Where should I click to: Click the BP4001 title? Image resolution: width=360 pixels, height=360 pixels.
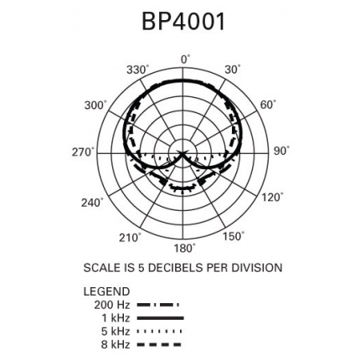click(x=183, y=22)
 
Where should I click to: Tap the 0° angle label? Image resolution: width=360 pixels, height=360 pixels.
click(x=185, y=59)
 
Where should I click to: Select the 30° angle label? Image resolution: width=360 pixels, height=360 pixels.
click(x=233, y=69)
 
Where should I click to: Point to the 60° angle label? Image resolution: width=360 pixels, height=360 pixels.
click(x=268, y=105)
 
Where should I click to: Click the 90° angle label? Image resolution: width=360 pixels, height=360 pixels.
click(x=281, y=151)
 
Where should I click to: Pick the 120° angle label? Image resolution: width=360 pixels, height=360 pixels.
click(x=270, y=197)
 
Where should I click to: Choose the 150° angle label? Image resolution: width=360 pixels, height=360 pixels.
click(x=234, y=236)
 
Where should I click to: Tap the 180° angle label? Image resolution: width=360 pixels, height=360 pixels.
click(x=184, y=248)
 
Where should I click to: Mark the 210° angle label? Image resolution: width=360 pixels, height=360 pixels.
click(x=131, y=238)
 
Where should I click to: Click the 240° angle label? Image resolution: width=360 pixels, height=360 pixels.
click(x=92, y=203)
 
